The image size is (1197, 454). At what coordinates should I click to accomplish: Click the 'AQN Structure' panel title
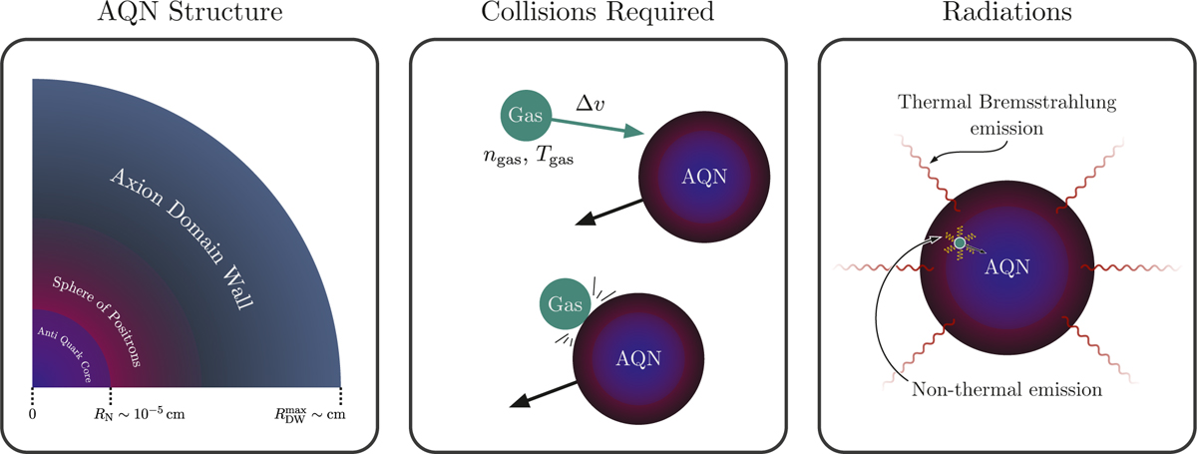tap(190, 12)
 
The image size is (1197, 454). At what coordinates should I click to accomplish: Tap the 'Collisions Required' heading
tap(598, 12)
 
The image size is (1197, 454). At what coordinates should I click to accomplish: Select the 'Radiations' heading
tap(1006, 12)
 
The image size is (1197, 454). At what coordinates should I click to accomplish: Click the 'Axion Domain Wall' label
tap(182, 239)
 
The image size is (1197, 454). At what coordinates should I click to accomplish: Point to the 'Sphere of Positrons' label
tap(97, 322)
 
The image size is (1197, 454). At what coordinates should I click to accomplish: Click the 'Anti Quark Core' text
tap(65, 354)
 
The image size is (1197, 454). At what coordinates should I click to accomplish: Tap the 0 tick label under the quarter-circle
tap(33, 414)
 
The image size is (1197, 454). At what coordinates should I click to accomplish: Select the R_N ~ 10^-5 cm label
tap(140, 414)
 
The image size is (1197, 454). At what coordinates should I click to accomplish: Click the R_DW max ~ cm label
tap(310, 415)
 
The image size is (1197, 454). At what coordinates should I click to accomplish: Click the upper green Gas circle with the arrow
tap(526, 116)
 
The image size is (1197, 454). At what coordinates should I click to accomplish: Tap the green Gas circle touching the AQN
tap(565, 304)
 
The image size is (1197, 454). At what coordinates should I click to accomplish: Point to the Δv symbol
tap(590, 103)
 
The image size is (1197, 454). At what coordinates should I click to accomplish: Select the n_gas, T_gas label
tap(528, 157)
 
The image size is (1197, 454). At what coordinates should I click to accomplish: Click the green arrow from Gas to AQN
tap(597, 127)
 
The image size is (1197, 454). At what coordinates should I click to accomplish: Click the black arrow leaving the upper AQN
tap(608, 213)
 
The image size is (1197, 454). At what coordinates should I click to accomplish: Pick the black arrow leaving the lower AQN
tap(544, 394)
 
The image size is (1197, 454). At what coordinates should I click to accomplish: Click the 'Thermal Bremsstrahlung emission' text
tap(1006, 115)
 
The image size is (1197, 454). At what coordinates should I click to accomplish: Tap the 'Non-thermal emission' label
tap(1006, 389)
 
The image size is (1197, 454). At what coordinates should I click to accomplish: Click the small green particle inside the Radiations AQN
tap(960, 243)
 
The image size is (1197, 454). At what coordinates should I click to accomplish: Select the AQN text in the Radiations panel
tap(1006, 266)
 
